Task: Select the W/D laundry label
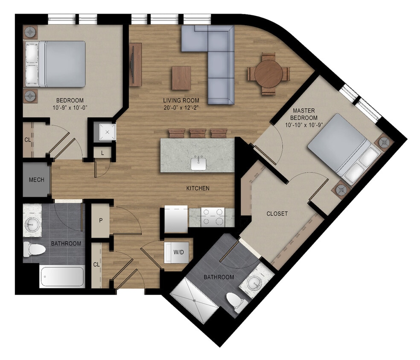pos(178,252)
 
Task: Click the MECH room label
pos(36,180)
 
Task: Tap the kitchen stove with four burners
pos(213,217)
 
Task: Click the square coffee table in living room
pos(181,78)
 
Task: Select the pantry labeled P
pos(100,221)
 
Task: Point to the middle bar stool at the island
pos(198,133)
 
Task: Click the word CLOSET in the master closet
pos(277,214)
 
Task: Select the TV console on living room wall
pos(135,64)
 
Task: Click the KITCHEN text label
pos(198,188)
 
